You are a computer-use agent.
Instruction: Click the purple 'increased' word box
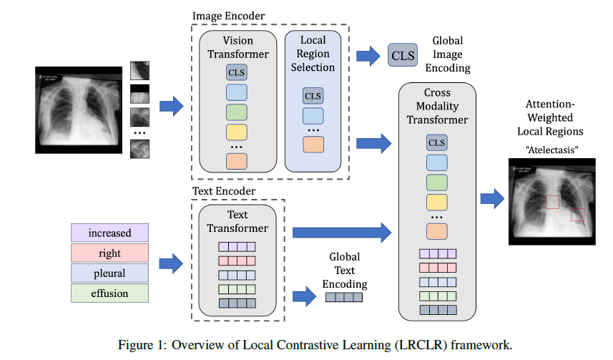110,233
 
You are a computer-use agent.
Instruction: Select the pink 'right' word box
110,253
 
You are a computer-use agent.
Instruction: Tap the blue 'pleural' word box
110,273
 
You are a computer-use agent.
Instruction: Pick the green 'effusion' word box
110,293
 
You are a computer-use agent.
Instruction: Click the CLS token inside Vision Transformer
237,72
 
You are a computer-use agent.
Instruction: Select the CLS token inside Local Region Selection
313,96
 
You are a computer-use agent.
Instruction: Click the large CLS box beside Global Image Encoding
403,54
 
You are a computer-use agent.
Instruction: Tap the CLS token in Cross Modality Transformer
436,142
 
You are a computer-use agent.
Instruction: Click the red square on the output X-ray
577,214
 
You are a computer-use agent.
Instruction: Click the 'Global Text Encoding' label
344,270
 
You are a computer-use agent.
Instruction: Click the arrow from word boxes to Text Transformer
170,263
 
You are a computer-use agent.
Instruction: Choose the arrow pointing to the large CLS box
368,54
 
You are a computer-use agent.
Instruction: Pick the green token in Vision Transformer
237,112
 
